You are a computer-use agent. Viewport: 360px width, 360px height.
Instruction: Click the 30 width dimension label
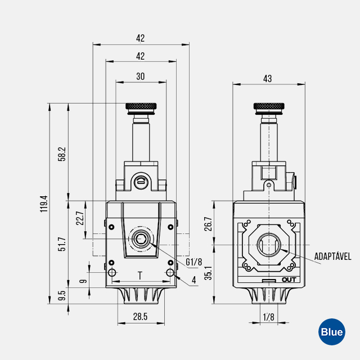(141, 76)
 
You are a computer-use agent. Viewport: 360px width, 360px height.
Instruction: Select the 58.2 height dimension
(62, 154)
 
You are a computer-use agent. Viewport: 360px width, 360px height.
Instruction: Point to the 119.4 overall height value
(44, 204)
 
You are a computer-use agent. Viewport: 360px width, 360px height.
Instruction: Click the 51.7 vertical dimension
(62, 244)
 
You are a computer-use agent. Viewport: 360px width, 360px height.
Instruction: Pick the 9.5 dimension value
(62, 295)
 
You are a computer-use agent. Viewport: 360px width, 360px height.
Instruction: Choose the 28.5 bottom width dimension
(141, 317)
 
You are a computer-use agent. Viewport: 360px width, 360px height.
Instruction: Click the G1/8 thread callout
(193, 262)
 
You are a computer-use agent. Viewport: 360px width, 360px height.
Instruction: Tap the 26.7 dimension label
(208, 224)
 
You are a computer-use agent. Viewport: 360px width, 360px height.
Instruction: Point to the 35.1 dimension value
(208, 273)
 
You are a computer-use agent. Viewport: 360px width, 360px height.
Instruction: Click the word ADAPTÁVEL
(333, 256)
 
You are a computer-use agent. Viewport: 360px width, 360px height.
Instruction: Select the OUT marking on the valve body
(289, 280)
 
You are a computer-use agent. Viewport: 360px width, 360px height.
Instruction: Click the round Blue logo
(331, 332)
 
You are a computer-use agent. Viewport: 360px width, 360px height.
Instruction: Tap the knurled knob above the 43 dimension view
(268, 107)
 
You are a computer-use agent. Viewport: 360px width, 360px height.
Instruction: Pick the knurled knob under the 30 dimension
(141, 106)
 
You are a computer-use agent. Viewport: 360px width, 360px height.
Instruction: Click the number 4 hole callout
(193, 280)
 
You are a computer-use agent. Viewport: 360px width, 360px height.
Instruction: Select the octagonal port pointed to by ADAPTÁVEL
(269, 245)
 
